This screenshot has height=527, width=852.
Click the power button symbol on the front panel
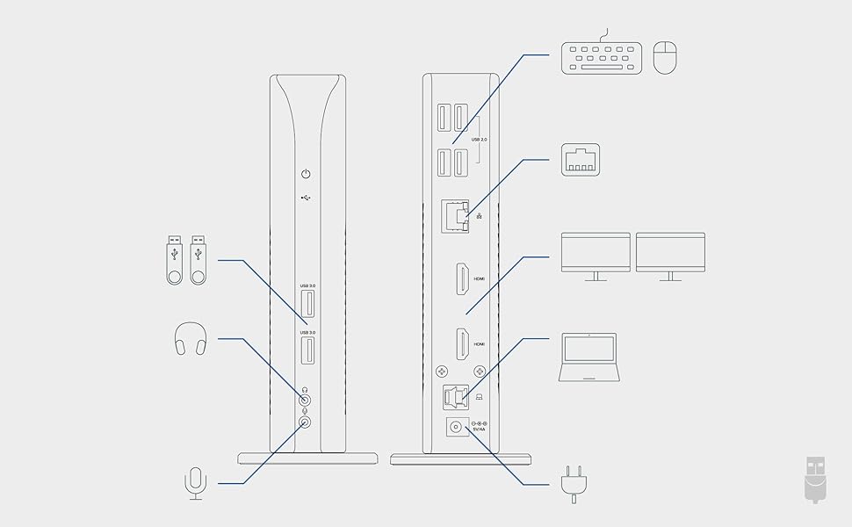(306, 175)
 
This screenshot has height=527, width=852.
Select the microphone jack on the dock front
(306, 422)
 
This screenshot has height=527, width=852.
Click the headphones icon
(191, 338)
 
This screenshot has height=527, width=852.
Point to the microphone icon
(195, 483)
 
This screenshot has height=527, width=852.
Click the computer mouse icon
(667, 59)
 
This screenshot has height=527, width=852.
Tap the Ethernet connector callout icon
(581, 159)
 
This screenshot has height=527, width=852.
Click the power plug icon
(573, 486)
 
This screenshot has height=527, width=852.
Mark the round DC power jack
(456, 427)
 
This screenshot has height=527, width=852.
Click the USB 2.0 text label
(479, 140)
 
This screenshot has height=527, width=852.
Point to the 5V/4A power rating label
(480, 430)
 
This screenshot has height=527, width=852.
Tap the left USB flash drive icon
(175, 260)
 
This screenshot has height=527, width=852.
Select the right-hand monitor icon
(670, 256)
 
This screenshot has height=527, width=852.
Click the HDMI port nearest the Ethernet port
(459, 280)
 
